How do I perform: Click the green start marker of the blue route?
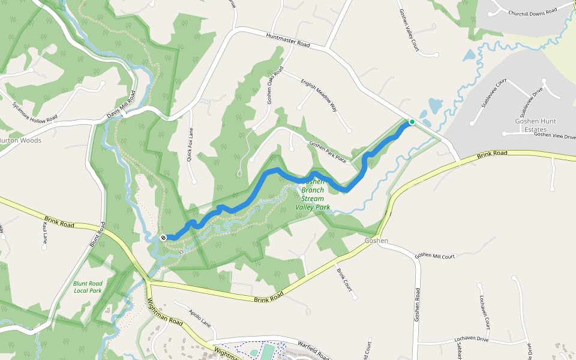tap(412, 122)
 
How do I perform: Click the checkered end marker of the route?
tap(163, 238)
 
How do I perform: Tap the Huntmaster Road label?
tap(288, 41)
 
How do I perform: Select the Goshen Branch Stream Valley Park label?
tap(313, 194)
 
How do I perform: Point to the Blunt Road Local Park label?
tap(88, 287)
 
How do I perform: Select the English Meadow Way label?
tap(319, 95)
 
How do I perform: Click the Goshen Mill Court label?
tap(436, 255)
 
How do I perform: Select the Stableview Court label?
tap(494, 93)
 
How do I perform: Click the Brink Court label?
tap(344, 280)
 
